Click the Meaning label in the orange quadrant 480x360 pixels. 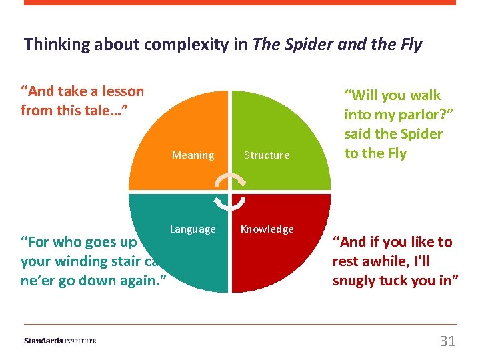[x=193, y=155]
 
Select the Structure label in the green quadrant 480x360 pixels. [x=267, y=155]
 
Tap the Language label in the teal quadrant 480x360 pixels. [x=193, y=229]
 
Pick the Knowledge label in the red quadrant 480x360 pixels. [x=267, y=229]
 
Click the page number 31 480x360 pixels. [x=448, y=341]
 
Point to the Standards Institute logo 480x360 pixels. [x=60, y=341]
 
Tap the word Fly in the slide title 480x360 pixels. [x=410, y=45]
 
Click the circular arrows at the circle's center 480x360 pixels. [x=229, y=192]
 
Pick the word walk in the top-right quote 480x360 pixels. [x=425, y=96]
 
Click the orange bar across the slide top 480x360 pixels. [x=240, y=3]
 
